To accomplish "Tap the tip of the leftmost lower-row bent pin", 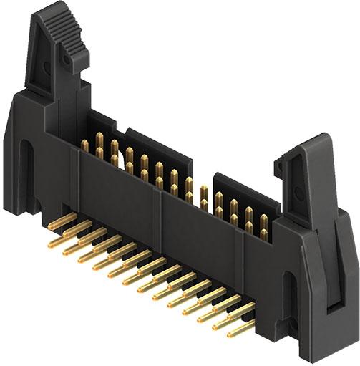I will [x=52, y=244].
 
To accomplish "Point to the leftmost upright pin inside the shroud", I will [x=84, y=146].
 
